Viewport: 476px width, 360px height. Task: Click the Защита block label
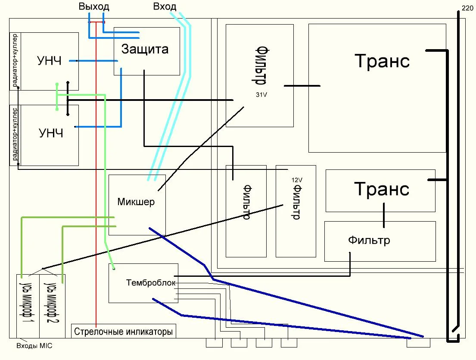(x=145, y=49)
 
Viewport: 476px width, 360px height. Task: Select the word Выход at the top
(x=94, y=7)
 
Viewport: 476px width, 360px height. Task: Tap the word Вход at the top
(x=165, y=7)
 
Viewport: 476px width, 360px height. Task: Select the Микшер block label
(x=136, y=202)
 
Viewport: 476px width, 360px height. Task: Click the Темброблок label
(x=151, y=283)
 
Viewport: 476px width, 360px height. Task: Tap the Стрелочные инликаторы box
(x=124, y=332)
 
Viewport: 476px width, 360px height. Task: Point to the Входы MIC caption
(x=34, y=346)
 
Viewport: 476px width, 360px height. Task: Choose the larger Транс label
(x=382, y=61)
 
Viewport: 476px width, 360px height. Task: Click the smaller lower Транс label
(x=382, y=189)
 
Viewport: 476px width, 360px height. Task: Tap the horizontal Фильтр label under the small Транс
(x=369, y=240)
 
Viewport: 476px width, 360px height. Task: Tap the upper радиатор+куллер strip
(x=15, y=61)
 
